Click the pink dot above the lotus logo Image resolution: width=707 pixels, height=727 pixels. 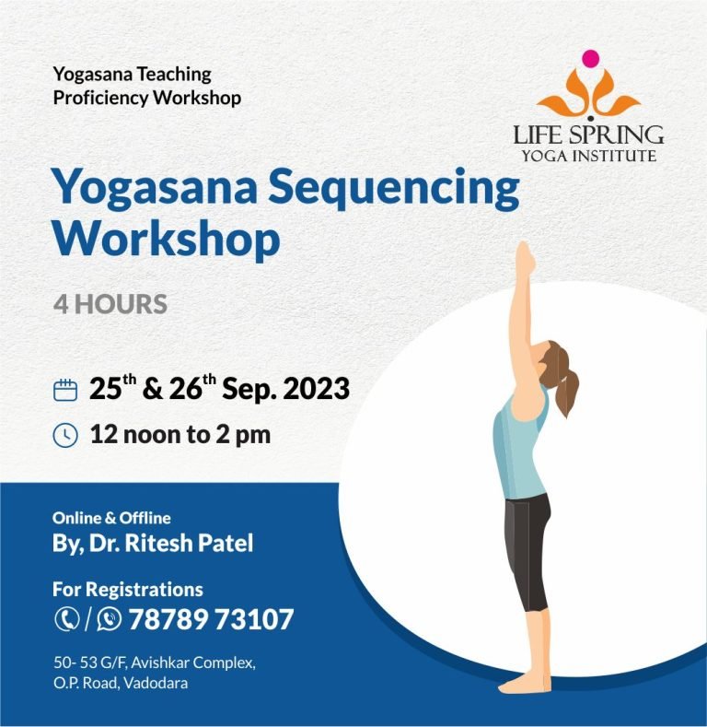tap(590, 58)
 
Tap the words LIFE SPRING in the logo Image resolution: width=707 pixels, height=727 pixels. tap(588, 135)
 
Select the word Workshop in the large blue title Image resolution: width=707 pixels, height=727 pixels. tap(167, 238)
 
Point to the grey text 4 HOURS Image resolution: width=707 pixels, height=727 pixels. tap(110, 304)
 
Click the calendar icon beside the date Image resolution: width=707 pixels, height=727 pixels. tap(65, 390)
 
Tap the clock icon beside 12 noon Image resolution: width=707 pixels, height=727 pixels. tap(65, 435)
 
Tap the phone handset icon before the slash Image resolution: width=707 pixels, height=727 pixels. tap(67, 618)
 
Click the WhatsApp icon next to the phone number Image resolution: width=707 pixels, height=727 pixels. tap(109, 619)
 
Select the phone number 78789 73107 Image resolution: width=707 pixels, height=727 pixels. tap(211, 619)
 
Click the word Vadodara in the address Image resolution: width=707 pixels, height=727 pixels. tap(156, 683)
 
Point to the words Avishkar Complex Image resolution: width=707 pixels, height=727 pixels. tap(193, 663)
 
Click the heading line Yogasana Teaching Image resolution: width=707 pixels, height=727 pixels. tap(132, 75)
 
